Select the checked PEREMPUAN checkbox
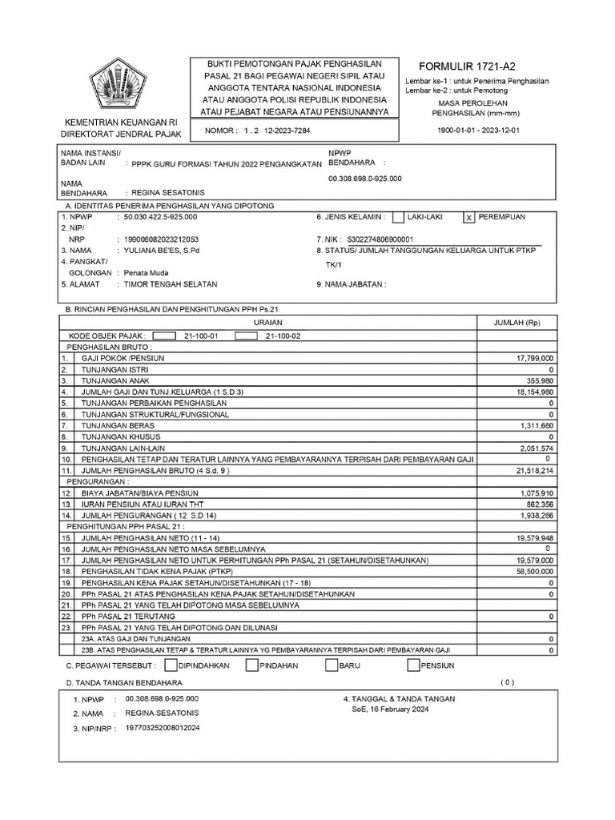click(x=470, y=217)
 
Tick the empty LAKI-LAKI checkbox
click(x=398, y=217)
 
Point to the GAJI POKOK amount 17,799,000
click(x=536, y=358)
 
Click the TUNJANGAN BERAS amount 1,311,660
click(x=536, y=425)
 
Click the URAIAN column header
click(x=267, y=322)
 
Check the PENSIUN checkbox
click(x=413, y=665)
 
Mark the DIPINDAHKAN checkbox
click(x=171, y=665)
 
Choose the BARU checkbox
click(x=332, y=665)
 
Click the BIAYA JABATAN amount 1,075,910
click(x=536, y=493)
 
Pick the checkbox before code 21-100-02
click(x=245, y=336)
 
